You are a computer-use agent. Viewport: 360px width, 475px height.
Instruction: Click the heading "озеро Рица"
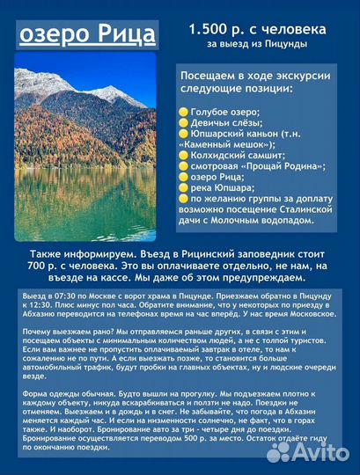coord(86,35)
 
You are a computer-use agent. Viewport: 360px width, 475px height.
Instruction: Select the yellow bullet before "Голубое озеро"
coord(183,112)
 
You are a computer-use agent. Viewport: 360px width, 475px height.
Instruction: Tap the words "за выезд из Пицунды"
coord(253,45)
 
